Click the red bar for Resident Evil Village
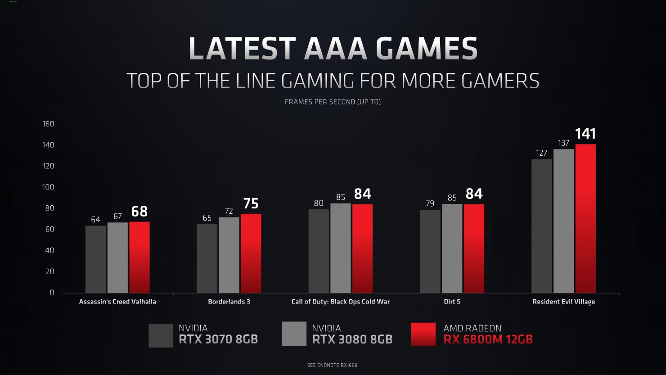pyautogui.click(x=585, y=219)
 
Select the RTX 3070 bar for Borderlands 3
pyautogui.click(x=207, y=258)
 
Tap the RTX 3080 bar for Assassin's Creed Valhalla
pyautogui.click(x=117, y=258)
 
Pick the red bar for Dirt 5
pyautogui.click(x=474, y=248)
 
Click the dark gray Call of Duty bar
pyautogui.click(x=319, y=251)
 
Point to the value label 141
pyautogui.click(x=585, y=134)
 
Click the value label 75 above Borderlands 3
pyautogui.click(x=251, y=203)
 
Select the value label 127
pyautogui.click(x=542, y=153)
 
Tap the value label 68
pyautogui.click(x=139, y=211)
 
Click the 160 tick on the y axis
pyautogui.click(x=48, y=124)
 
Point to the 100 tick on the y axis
pyautogui.click(x=48, y=187)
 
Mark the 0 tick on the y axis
pyautogui.click(x=52, y=293)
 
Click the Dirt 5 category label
pyautogui.click(x=452, y=302)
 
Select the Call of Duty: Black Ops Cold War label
pyautogui.click(x=341, y=302)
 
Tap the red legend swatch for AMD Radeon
pyautogui.click(x=423, y=334)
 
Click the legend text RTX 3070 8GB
pyautogui.click(x=218, y=339)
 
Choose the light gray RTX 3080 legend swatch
pyautogui.click(x=294, y=334)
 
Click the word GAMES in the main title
pyautogui.click(x=426, y=49)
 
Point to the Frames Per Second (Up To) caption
pyautogui.click(x=333, y=102)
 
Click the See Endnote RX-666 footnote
pyautogui.click(x=333, y=365)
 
